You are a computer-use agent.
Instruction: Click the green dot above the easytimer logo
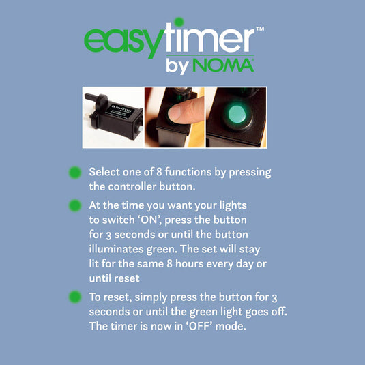pos(179,23)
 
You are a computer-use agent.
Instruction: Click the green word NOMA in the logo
pos(223,65)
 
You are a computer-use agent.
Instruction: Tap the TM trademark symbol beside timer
pos(260,29)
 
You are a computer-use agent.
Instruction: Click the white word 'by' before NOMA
pos(177,66)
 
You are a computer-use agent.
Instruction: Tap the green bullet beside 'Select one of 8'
pos(75,173)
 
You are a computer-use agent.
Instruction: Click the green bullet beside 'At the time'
pos(75,205)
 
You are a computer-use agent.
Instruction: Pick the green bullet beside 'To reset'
pos(75,297)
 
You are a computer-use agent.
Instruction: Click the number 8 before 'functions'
pos(159,172)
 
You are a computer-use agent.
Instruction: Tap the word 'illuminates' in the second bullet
pos(117,249)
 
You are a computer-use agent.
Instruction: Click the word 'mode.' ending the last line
pos(231,326)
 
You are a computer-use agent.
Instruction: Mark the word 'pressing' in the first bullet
pos(250,173)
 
